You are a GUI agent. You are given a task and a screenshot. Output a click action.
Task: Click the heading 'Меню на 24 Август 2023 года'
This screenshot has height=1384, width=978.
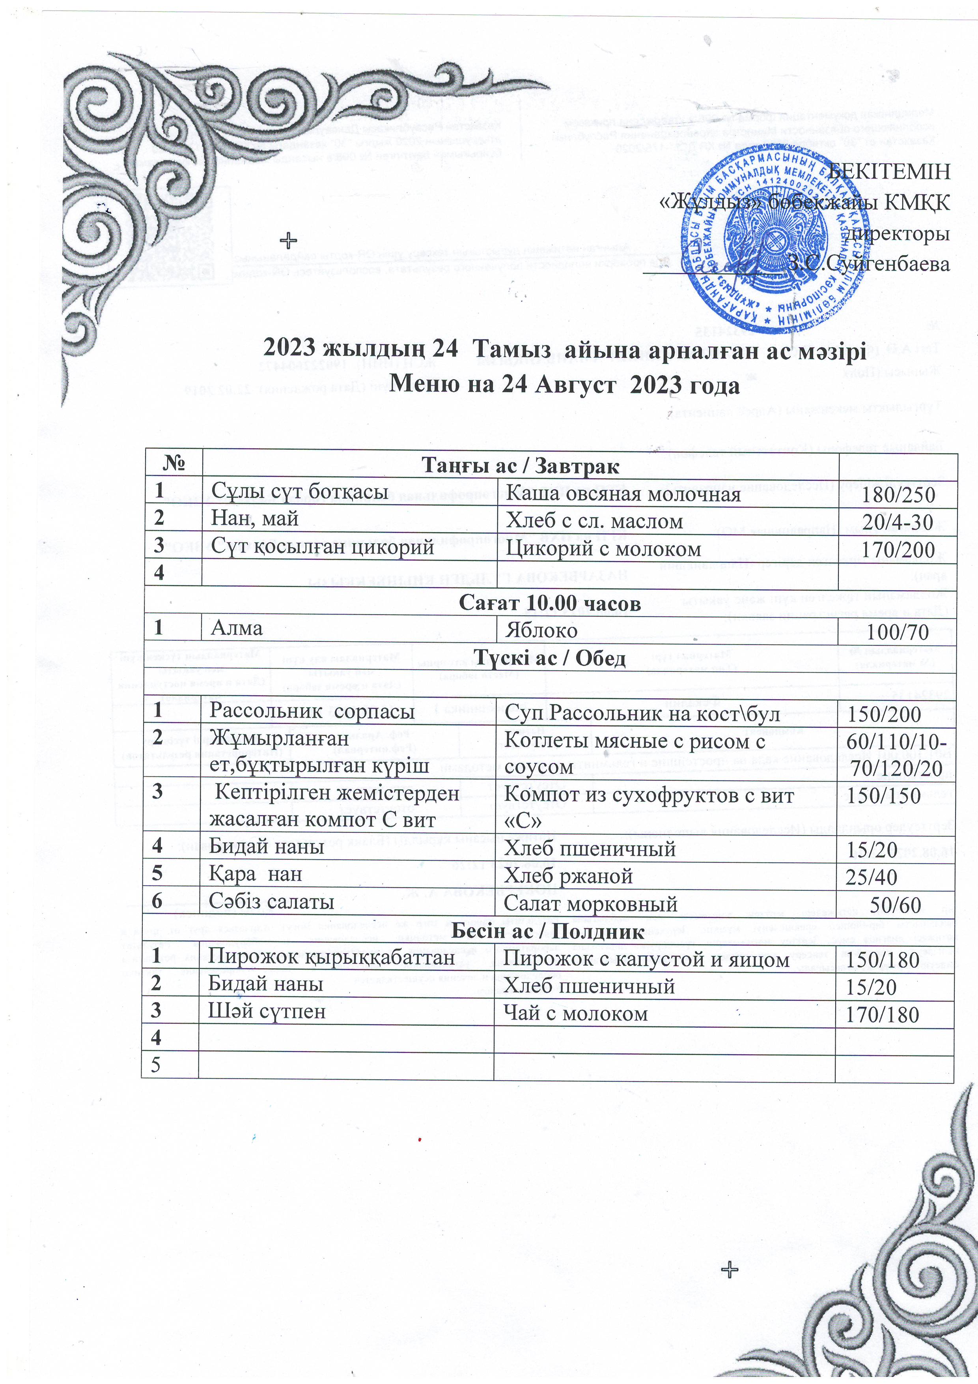tap(565, 383)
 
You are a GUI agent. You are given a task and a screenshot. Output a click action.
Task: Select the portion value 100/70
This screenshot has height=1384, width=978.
tap(897, 632)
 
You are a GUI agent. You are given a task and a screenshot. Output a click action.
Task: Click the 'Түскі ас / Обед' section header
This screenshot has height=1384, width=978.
tap(550, 658)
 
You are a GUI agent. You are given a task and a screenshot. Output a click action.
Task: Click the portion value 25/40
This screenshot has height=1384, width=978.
tap(872, 877)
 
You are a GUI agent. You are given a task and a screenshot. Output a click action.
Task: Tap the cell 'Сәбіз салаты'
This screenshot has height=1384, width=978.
tap(271, 902)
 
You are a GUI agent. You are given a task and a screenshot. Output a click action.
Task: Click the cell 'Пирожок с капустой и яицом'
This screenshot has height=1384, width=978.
tap(646, 959)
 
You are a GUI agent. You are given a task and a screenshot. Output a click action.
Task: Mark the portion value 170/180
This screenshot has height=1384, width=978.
tap(882, 1014)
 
